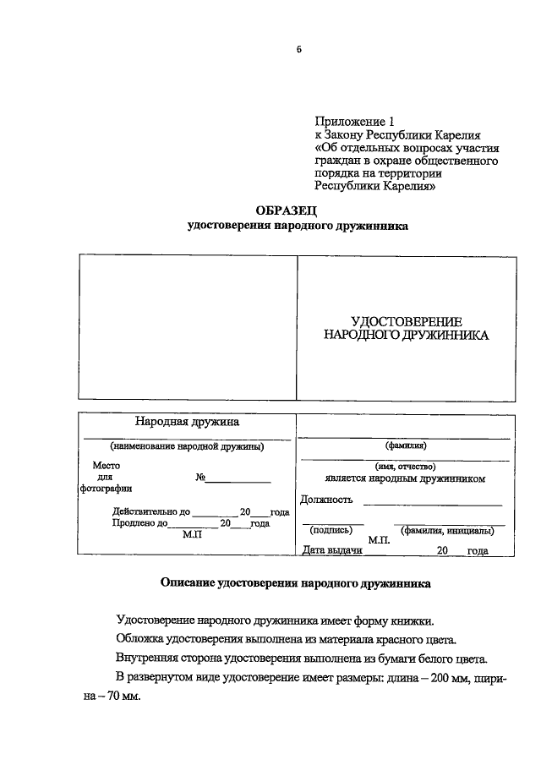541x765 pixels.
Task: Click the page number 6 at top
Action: [x=298, y=49]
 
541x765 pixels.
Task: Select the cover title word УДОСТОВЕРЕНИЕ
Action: [x=406, y=321]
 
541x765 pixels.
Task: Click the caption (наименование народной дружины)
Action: [x=187, y=445]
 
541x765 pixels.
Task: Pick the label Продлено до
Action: [x=140, y=524]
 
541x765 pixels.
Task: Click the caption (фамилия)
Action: [x=406, y=445]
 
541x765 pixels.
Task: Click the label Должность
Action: [x=325, y=500]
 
